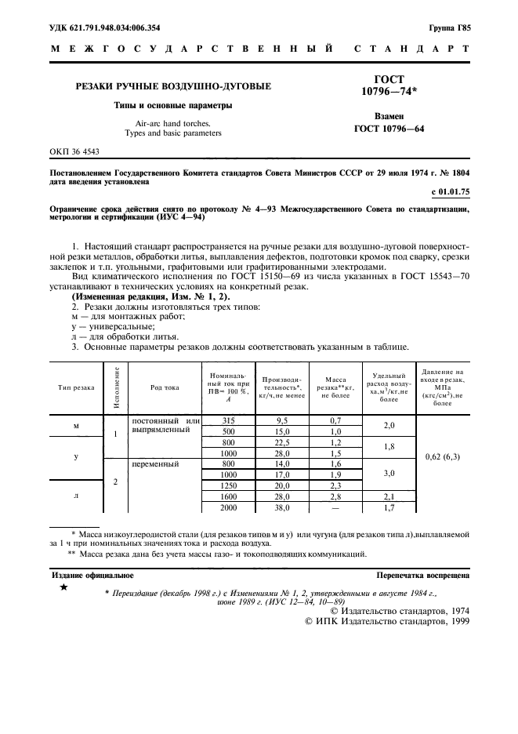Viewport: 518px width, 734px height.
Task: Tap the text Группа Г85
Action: (449, 28)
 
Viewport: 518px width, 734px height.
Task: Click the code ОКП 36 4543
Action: (70, 150)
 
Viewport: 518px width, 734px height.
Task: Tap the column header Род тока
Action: (165, 387)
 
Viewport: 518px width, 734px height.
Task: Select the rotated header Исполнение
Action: (116, 387)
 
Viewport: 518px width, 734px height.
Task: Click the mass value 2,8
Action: (335, 496)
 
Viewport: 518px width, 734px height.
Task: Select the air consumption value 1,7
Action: (389, 507)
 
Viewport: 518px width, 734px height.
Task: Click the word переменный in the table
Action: (156, 464)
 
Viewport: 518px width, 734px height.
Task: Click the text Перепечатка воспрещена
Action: (422, 575)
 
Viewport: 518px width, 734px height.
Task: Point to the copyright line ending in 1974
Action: (400, 610)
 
